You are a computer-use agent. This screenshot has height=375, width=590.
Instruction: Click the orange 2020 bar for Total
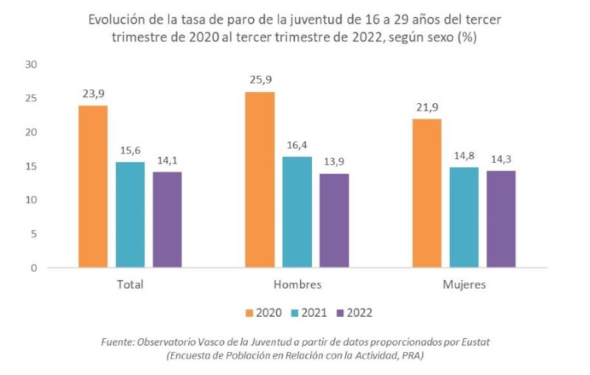(x=93, y=186)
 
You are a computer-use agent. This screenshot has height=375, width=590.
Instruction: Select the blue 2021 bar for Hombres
(x=296, y=212)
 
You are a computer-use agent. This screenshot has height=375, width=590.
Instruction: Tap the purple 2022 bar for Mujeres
(x=500, y=219)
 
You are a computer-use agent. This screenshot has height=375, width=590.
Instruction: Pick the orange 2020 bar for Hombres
(x=260, y=180)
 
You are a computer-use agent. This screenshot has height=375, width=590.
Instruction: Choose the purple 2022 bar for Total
(x=167, y=220)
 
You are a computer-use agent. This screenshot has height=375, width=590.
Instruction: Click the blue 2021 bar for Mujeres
(x=463, y=217)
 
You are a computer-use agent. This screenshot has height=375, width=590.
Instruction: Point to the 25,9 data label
(x=260, y=80)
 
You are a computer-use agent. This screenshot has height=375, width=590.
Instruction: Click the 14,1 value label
(x=167, y=160)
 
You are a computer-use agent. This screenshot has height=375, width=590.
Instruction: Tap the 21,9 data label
(x=426, y=107)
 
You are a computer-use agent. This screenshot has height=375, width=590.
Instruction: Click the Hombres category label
(x=296, y=285)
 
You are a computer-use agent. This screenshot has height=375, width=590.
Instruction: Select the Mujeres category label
(x=463, y=285)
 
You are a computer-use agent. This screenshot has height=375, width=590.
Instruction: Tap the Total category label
(x=130, y=285)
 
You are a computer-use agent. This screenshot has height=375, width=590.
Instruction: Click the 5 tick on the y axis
(x=33, y=234)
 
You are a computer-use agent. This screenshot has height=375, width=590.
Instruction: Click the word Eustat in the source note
(x=473, y=343)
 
